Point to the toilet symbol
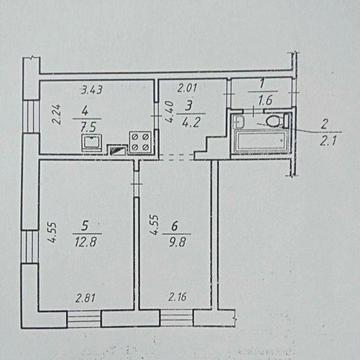[x=277, y=120]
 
